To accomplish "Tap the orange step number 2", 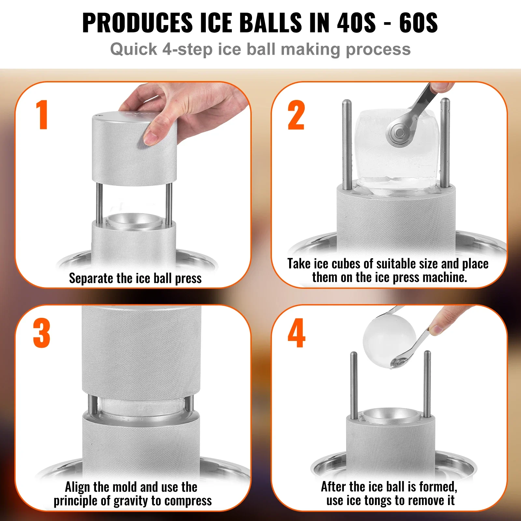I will click(296, 115).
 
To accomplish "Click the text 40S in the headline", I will click(356, 23).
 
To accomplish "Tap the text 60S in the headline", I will click(418, 23).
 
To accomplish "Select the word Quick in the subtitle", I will click(134, 49).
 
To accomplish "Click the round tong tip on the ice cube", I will click(399, 133).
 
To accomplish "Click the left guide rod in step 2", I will click(347, 143).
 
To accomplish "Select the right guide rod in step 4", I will click(427, 384).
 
